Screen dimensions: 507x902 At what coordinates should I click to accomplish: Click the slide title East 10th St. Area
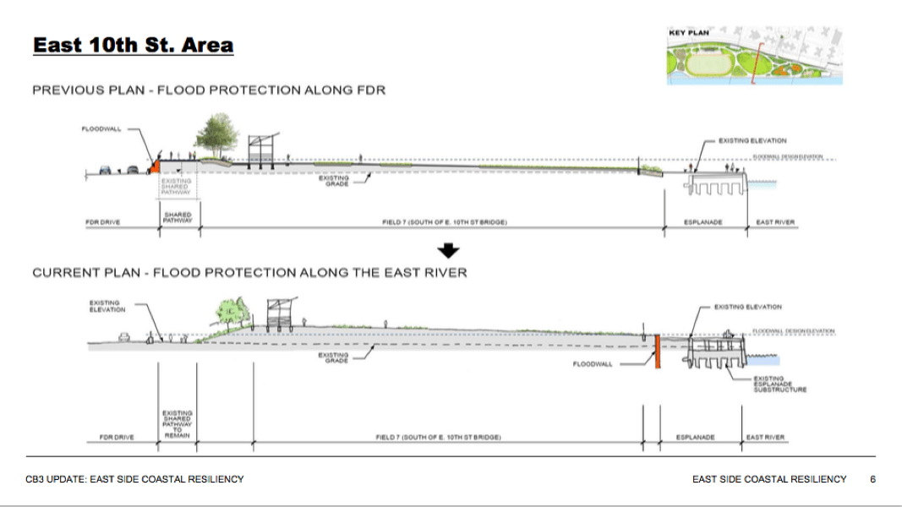click(x=133, y=45)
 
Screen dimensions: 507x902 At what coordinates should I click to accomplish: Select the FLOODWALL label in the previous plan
click(x=101, y=129)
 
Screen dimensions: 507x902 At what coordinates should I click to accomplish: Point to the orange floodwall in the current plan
click(x=656, y=351)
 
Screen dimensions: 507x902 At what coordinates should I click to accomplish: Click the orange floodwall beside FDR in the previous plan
click(x=156, y=166)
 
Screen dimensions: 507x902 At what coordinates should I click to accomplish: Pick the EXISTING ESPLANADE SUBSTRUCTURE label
click(x=780, y=384)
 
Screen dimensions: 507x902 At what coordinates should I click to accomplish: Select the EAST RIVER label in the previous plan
click(x=774, y=222)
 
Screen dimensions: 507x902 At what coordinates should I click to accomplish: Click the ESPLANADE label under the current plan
click(x=696, y=438)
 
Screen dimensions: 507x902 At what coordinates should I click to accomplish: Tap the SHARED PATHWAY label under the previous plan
click(x=178, y=217)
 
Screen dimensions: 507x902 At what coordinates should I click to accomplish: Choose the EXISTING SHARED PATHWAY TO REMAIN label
click(x=178, y=424)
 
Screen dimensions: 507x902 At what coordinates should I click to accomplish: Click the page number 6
click(x=872, y=479)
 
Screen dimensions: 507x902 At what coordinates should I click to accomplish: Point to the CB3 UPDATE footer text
click(x=134, y=479)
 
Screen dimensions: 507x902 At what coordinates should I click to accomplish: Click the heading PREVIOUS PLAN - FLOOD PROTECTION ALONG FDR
click(x=209, y=90)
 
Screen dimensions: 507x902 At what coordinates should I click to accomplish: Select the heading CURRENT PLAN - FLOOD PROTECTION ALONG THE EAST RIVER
click(x=249, y=273)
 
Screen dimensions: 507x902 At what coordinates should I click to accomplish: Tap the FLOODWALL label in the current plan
click(x=591, y=364)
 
